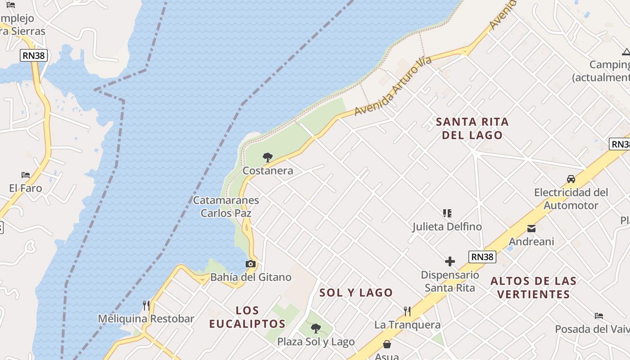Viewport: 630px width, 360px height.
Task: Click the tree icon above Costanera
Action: [268, 157]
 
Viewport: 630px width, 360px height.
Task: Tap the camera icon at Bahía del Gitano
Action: [251, 264]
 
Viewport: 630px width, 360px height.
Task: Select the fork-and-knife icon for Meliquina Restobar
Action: [146, 306]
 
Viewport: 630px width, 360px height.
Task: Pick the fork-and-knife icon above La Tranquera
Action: [407, 311]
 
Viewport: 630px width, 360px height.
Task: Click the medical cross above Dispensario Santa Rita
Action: [450, 261]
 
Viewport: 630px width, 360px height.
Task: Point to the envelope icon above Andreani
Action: [531, 229]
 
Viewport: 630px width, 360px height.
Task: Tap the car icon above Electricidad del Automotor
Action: [571, 179]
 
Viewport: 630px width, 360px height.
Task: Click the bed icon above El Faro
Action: [26, 175]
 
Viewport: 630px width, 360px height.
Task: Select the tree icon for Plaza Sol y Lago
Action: [316, 328]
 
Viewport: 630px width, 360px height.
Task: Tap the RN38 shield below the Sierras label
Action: [34, 55]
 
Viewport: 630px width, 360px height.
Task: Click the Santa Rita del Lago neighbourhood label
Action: [472, 128]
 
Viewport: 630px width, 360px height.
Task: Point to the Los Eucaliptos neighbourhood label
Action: [247, 317]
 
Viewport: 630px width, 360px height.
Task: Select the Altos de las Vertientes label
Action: [534, 288]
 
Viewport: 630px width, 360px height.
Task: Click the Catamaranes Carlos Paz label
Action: [226, 207]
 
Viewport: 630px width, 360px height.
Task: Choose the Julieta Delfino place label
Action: [447, 226]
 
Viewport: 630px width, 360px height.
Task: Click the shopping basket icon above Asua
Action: [387, 345]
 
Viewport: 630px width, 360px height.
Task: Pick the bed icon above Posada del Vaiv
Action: [598, 316]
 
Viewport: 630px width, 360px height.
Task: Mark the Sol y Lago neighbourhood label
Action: [356, 292]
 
